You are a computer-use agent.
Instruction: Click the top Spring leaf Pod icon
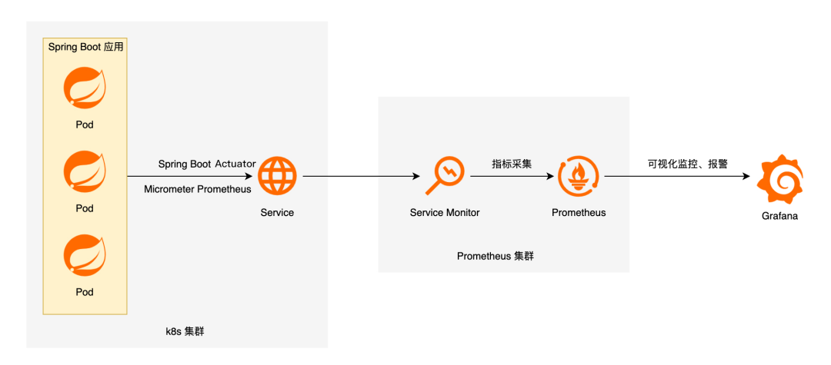coord(85,89)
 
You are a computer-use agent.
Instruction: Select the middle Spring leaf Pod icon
coord(85,171)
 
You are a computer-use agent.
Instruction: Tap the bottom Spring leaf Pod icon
coord(85,255)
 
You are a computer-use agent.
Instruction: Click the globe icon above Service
coord(277,176)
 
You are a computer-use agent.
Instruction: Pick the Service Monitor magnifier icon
coord(446,176)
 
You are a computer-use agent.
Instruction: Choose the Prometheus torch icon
coord(578,176)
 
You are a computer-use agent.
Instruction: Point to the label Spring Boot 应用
coord(85,47)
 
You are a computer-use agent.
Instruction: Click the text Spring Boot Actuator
coord(207,164)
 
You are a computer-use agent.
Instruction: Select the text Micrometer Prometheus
coord(198,189)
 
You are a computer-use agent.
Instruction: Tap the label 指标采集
coord(512,164)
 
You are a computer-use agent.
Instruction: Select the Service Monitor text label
coord(446,212)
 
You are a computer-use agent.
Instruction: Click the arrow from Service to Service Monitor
coord(362,177)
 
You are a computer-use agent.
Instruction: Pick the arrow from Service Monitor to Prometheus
coord(512,177)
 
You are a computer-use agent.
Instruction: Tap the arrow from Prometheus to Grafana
coord(677,177)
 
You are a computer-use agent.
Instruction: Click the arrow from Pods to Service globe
coord(192,177)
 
